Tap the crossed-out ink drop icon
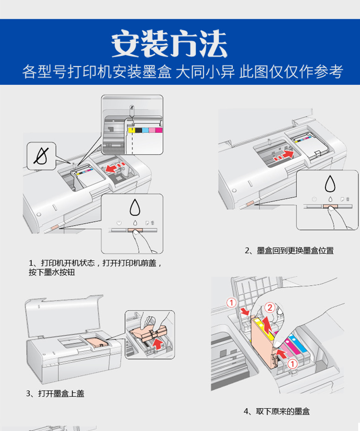[x=41, y=156]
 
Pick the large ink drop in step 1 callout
[x=135, y=208]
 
